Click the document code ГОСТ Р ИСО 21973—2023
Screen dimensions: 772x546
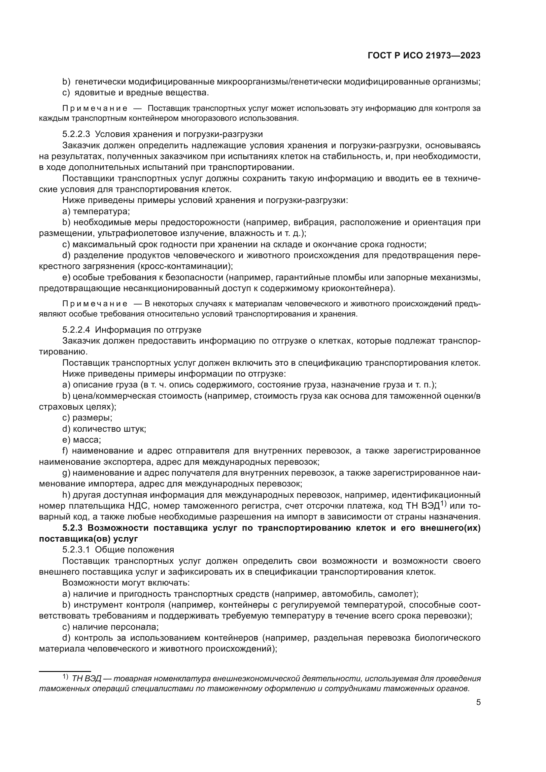click(424, 56)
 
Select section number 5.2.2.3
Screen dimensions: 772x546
click(76, 134)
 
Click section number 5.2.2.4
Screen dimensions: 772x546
click(76, 329)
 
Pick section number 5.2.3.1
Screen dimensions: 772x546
click(76, 550)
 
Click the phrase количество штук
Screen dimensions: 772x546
click(109, 429)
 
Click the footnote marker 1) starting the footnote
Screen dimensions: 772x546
click(65, 677)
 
